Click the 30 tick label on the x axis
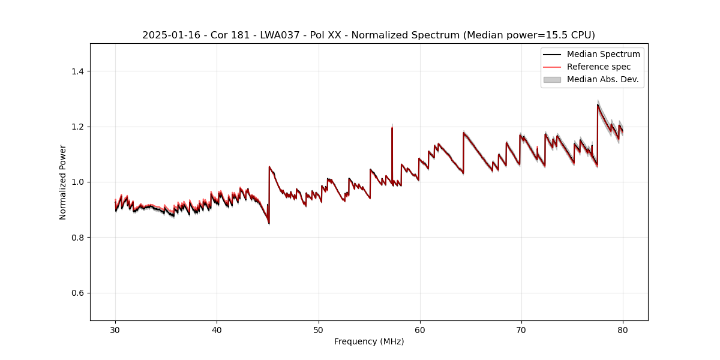point(115,330)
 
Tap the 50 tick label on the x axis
point(319,330)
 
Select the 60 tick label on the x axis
point(420,330)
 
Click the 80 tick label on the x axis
point(623,330)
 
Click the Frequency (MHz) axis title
point(369,341)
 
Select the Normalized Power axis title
point(63,182)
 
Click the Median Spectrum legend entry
point(603,54)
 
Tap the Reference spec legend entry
point(598,67)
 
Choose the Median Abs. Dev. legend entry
point(602,79)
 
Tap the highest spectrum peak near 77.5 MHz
point(598,105)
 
